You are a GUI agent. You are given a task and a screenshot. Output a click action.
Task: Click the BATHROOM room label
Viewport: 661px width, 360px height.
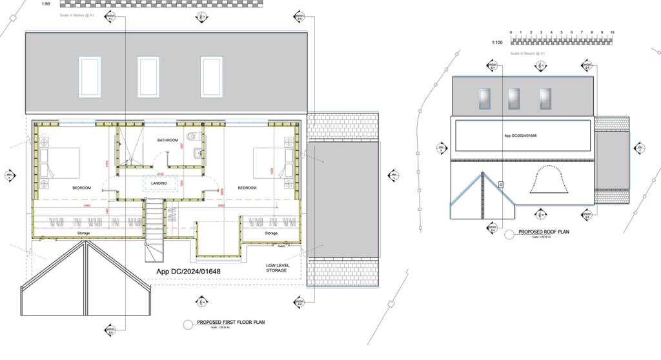coord(167,140)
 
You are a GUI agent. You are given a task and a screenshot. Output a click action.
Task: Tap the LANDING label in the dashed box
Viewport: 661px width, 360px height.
coord(159,183)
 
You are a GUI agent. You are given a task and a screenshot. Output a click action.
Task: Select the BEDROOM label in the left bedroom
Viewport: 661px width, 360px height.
coord(81,188)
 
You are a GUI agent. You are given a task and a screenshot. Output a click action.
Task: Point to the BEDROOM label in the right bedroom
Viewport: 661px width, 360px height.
coord(248,188)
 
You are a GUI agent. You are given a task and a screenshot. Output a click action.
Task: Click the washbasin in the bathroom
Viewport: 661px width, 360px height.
coord(198,153)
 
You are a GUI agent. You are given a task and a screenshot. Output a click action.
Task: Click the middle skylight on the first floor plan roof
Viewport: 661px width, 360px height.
coord(148,76)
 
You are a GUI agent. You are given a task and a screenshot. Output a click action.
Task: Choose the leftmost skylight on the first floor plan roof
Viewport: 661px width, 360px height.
coord(89,76)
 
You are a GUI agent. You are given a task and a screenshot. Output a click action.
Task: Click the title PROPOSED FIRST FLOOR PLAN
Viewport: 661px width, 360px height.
coord(232,322)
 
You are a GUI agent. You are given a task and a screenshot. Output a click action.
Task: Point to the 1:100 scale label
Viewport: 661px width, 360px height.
coord(497,43)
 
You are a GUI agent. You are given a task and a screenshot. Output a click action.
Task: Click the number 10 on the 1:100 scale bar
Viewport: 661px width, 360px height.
coord(612,32)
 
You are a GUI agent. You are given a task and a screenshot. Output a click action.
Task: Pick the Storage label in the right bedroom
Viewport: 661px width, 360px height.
coord(271,233)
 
